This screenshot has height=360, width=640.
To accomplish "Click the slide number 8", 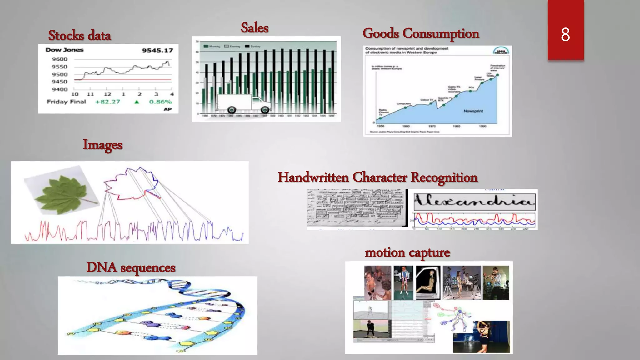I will click(x=565, y=34).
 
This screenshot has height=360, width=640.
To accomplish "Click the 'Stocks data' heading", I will click(x=79, y=35).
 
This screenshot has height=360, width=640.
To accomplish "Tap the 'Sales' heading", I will click(x=254, y=28).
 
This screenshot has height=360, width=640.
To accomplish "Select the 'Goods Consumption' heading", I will click(x=421, y=33).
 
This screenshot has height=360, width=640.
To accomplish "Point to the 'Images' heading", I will click(x=102, y=145).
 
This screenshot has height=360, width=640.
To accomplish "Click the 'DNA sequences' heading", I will click(x=131, y=268).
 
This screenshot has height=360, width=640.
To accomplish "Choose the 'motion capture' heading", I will click(x=407, y=252).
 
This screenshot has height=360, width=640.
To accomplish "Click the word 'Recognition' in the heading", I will click(x=444, y=177).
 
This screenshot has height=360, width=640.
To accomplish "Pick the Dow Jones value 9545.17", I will click(x=157, y=50).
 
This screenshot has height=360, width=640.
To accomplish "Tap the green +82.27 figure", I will click(x=107, y=102).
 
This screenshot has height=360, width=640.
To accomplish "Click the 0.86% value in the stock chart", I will click(x=160, y=102).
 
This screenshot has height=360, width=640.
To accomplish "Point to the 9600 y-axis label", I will click(x=60, y=59).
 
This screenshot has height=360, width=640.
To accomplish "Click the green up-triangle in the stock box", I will click(x=137, y=102).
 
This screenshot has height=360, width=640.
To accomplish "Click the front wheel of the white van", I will click(x=265, y=110).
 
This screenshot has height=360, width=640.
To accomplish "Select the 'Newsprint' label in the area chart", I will click(x=473, y=111).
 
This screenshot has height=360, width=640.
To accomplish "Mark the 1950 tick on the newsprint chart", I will click(x=381, y=126).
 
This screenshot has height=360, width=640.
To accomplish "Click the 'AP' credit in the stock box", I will click(x=168, y=109).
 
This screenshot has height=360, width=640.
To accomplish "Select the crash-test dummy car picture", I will click(x=428, y=282).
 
